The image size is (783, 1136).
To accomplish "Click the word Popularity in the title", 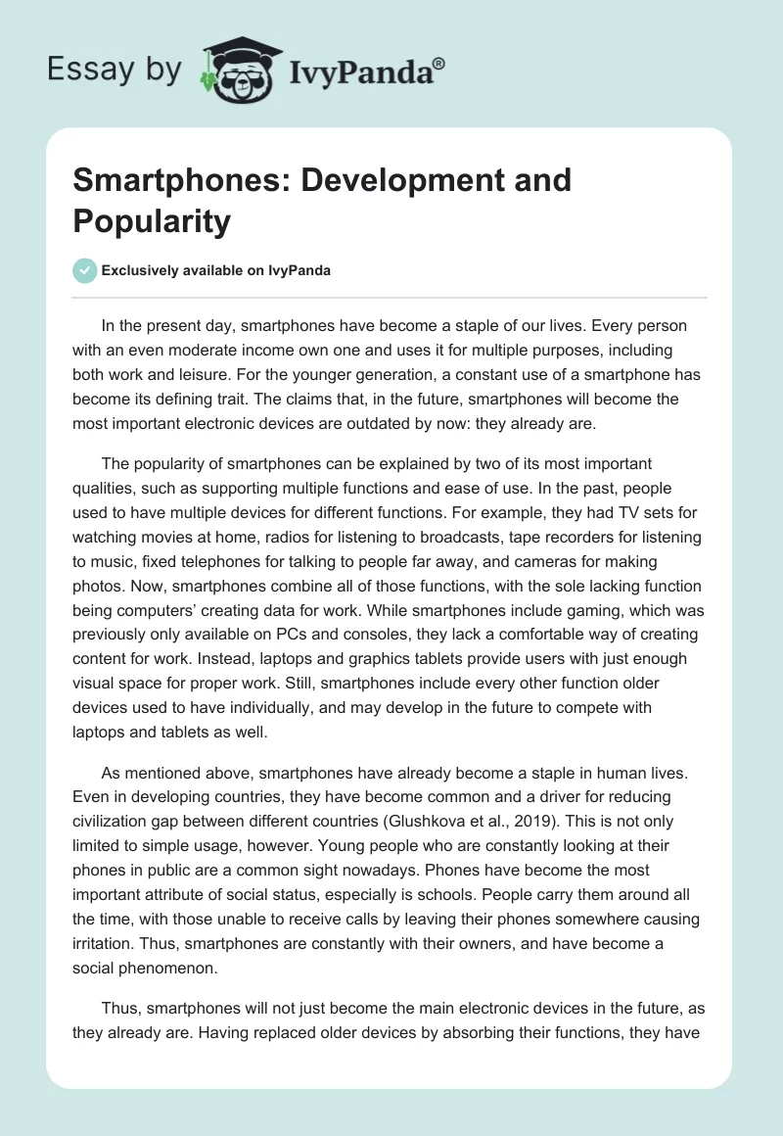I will (x=152, y=221).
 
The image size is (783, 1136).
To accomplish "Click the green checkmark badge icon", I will (x=85, y=270).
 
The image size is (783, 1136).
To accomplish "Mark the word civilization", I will (x=116, y=795).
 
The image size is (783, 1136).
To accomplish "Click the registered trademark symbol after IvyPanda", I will (x=439, y=63).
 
